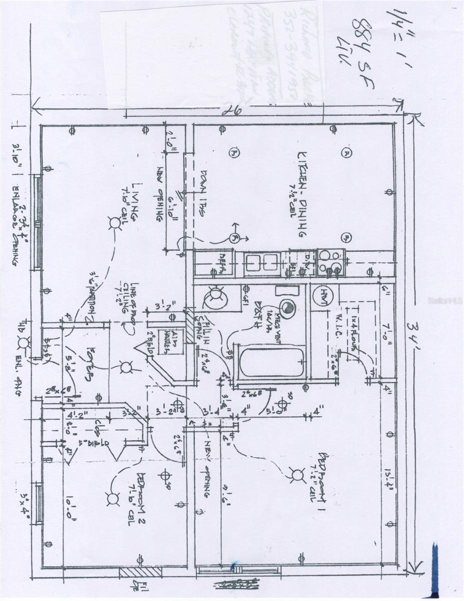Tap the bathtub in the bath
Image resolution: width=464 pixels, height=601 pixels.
coord(272,362)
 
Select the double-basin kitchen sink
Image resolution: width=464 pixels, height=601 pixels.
coord(262,262)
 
